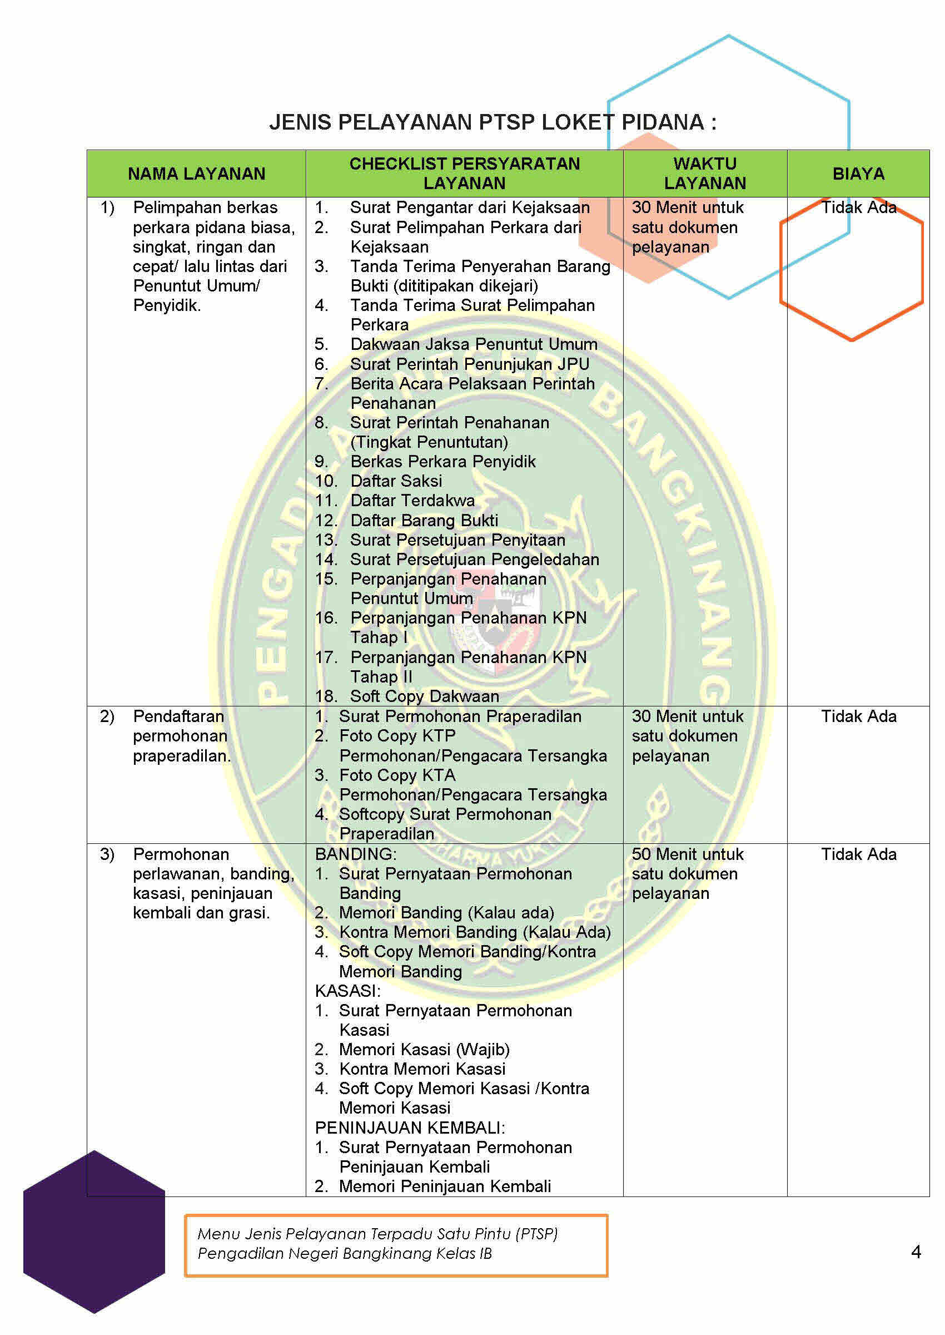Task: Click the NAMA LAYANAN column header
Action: (196, 174)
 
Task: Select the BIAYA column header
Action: (858, 174)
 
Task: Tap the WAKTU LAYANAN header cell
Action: (705, 174)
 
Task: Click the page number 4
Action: (916, 1252)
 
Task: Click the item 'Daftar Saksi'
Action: (396, 481)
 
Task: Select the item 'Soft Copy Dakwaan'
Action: (424, 696)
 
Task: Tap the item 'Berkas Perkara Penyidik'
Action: (442, 462)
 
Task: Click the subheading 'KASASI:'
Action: (347, 991)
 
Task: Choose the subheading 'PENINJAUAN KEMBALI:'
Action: (410, 1128)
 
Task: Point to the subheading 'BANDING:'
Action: (355, 854)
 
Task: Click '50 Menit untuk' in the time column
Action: (687, 854)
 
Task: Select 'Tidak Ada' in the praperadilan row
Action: (858, 716)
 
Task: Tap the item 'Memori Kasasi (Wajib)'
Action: (424, 1049)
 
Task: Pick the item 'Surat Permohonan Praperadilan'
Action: (460, 716)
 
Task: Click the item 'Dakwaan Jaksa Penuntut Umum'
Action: (473, 344)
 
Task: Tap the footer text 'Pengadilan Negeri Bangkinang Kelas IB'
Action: (345, 1253)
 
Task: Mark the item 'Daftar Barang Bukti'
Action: (424, 521)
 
